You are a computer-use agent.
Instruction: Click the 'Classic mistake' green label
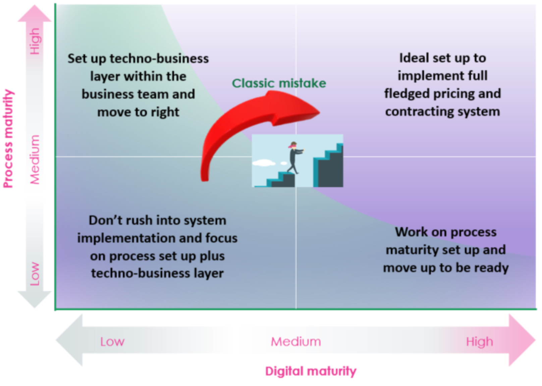[x=279, y=83]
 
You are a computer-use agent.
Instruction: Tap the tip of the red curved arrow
[x=320, y=112]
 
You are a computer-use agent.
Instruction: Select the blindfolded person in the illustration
[x=295, y=157]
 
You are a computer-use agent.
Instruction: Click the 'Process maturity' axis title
[x=8, y=139]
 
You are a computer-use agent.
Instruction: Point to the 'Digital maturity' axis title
[x=311, y=371]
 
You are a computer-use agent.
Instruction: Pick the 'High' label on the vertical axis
[x=35, y=41]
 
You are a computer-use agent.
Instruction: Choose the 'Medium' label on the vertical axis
[x=35, y=160]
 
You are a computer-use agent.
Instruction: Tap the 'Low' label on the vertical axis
[x=35, y=274]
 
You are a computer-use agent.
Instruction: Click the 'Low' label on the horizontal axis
[x=112, y=342]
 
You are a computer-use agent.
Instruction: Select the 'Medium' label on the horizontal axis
[x=296, y=342]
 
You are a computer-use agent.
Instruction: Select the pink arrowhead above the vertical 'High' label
[x=35, y=14]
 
